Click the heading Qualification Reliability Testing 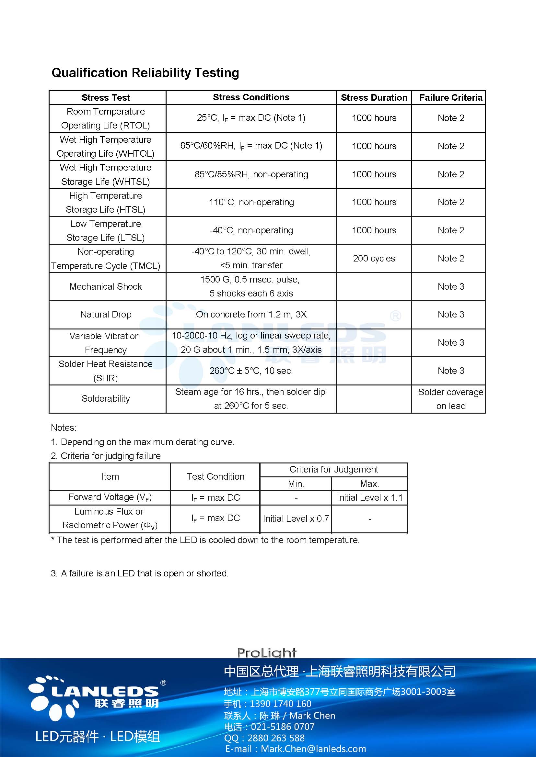coord(145,73)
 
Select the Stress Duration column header coord(374,98)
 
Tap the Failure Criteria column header coord(450,98)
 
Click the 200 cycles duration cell coord(374,259)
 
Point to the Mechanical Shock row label coord(106,286)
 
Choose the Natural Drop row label coord(106,315)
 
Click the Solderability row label coord(106,399)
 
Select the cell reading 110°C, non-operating coord(251,202)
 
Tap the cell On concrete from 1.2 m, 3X coord(251,315)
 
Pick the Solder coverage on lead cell coord(450,399)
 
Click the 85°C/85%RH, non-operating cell coord(251,174)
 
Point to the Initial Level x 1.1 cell coord(369,497)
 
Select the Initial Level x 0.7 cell coord(296,518)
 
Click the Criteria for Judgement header coord(334,470)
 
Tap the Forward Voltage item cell coord(110,497)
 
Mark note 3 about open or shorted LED coord(140,573)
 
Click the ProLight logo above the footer coord(267,653)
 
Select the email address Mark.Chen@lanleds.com coord(313,749)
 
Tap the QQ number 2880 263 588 coord(276,738)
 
